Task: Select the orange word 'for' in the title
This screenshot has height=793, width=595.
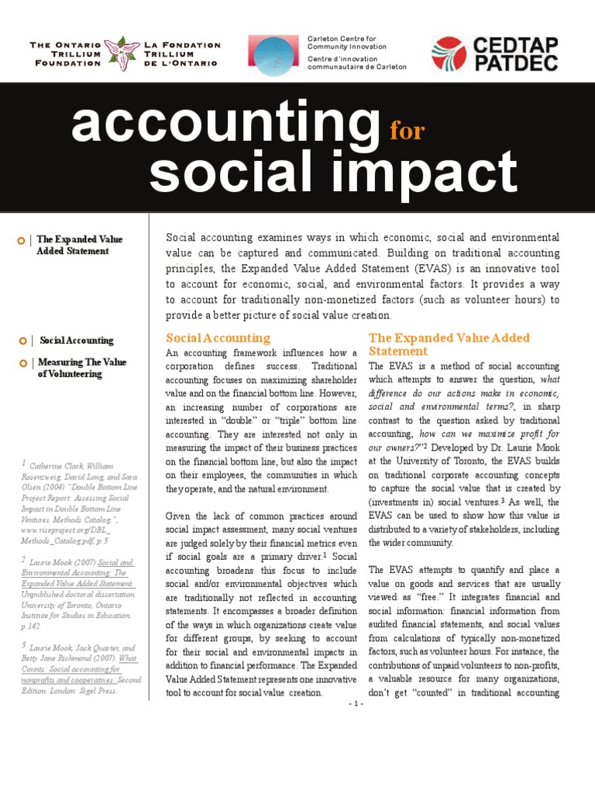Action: point(407,130)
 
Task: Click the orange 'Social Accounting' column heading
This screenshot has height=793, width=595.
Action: point(218,338)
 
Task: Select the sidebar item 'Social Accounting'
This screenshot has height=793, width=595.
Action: point(77,340)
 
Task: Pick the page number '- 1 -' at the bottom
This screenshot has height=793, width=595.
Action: point(356,703)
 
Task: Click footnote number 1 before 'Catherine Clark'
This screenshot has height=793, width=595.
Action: point(24,462)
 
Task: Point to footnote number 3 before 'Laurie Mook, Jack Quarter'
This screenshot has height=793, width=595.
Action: point(24,644)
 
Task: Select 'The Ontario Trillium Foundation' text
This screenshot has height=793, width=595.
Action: point(65,53)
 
